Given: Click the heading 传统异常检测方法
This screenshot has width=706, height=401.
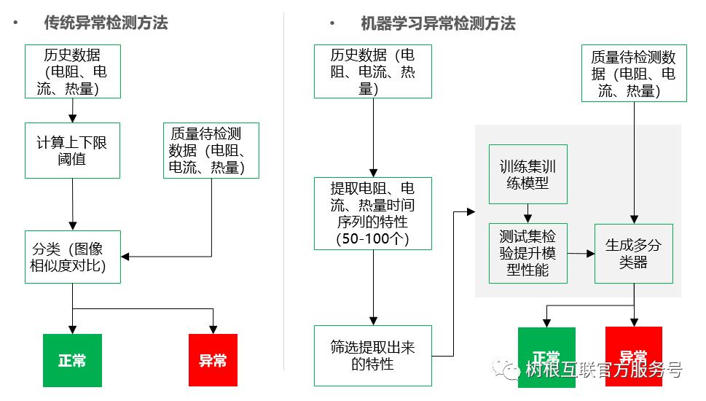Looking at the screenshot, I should (106, 23).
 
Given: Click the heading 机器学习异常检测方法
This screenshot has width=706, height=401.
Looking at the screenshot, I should (438, 23).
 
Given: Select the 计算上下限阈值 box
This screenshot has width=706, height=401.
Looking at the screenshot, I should (72, 150).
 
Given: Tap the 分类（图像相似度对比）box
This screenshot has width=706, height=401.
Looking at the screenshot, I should (72, 257).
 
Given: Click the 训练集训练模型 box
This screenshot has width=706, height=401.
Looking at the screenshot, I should (528, 175).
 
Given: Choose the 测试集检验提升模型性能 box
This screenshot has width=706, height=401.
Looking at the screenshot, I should (528, 253).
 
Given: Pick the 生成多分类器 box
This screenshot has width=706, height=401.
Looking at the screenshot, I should (633, 253).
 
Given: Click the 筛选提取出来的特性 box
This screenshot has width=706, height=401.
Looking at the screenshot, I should (372, 356).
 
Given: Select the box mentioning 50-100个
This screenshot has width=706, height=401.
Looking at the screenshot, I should (372, 213).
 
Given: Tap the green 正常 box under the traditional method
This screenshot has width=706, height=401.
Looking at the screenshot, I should (72, 360).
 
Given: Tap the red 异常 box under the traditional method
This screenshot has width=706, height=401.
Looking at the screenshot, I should (213, 360).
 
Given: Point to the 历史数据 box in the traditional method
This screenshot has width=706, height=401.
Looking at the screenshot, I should (72, 71).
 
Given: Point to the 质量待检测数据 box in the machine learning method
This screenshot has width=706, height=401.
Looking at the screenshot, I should (633, 73).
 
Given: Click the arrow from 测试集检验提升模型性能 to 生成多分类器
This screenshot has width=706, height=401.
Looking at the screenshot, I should (581, 253).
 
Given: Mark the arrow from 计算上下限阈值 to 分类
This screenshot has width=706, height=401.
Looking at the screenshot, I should (73, 204).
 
